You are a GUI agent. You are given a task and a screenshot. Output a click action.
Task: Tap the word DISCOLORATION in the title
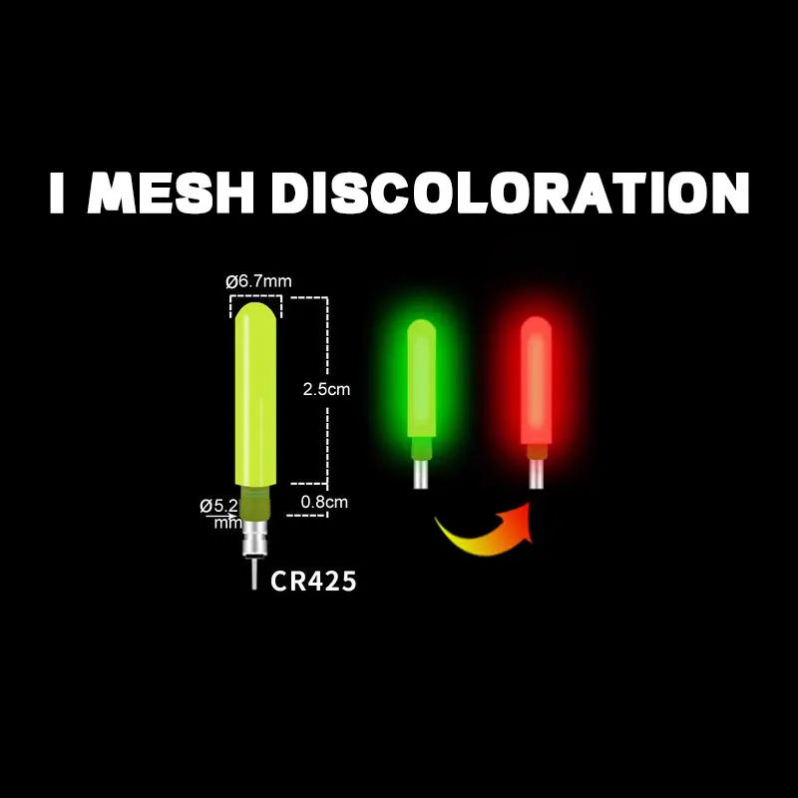point(510,196)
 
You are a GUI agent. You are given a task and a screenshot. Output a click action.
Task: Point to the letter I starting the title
point(59,196)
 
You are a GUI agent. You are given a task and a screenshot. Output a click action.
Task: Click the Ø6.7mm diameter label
point(258,281)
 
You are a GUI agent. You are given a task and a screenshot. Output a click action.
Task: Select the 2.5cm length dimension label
point(327,389)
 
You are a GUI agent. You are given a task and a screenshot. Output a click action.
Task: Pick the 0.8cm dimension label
point(325,502)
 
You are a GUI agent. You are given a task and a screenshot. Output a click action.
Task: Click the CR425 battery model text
point(313,581)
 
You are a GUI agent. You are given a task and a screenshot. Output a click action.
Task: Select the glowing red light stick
point(537,384)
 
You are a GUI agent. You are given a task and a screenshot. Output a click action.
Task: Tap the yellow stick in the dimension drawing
point(256,399)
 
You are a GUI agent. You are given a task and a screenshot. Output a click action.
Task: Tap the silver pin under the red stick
point(537,475)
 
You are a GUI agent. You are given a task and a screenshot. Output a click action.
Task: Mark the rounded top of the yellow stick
point(256,314)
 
